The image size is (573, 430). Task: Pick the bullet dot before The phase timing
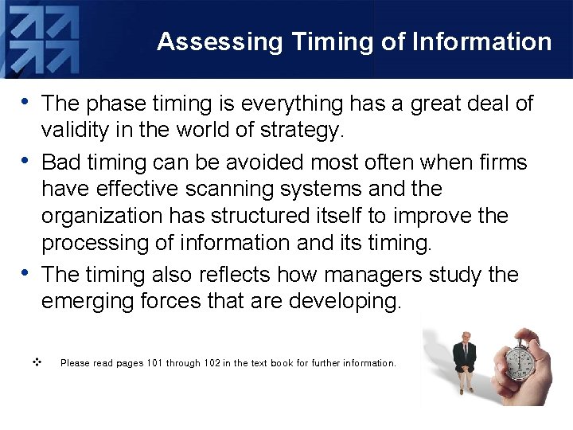click(x=27, y=101)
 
